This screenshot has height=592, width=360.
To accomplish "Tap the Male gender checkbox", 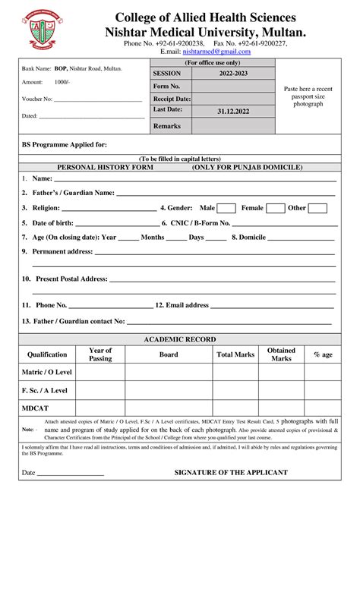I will (226, 208).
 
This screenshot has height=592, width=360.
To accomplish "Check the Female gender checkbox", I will (275, 208).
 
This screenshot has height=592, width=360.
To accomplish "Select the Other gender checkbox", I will (317, 208).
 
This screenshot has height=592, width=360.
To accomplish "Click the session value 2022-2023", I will (232, 74).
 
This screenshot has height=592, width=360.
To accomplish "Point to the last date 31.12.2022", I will (232, 111).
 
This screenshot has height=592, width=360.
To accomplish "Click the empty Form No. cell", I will (232, 87).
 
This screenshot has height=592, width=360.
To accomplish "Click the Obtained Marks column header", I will (281, 354).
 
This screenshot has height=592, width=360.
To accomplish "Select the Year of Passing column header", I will (100, 354).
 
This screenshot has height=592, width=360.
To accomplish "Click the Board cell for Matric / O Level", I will (169, 372).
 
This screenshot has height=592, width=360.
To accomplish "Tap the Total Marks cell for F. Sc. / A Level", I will (235, 390).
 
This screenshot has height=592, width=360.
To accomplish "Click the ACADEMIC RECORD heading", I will (179, 339).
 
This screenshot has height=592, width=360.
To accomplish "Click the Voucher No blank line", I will (99, 99).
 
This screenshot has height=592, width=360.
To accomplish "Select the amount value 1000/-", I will (62, 82).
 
